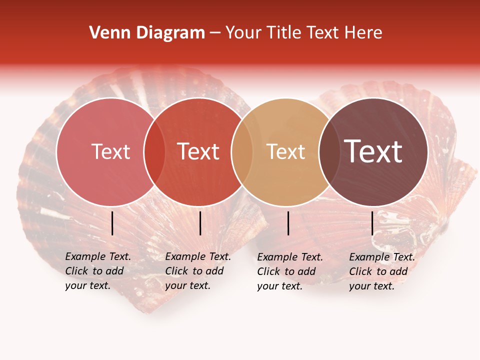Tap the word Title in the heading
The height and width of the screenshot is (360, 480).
click(x=284, y=33)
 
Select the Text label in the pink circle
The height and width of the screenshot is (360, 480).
click(x=110, y=151)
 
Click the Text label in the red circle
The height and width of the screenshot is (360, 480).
click(x=198, y=151)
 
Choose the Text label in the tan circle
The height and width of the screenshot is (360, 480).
click(x=285, y=151)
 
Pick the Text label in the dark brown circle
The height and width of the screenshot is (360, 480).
click(x=373, y=151)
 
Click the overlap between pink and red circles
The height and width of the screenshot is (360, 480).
click(x=154, y=152)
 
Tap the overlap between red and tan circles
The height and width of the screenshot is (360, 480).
click(x=242, y=152)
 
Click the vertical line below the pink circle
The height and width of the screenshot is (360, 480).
click(x=112, y=223)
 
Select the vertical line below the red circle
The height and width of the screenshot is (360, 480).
click(x=200, y=223)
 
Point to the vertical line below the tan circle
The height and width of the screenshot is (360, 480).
click(x=288, y=223)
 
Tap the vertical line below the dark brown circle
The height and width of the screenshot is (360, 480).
click(x=372, y=223)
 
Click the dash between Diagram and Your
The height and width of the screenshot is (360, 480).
click(x=215, y=33)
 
